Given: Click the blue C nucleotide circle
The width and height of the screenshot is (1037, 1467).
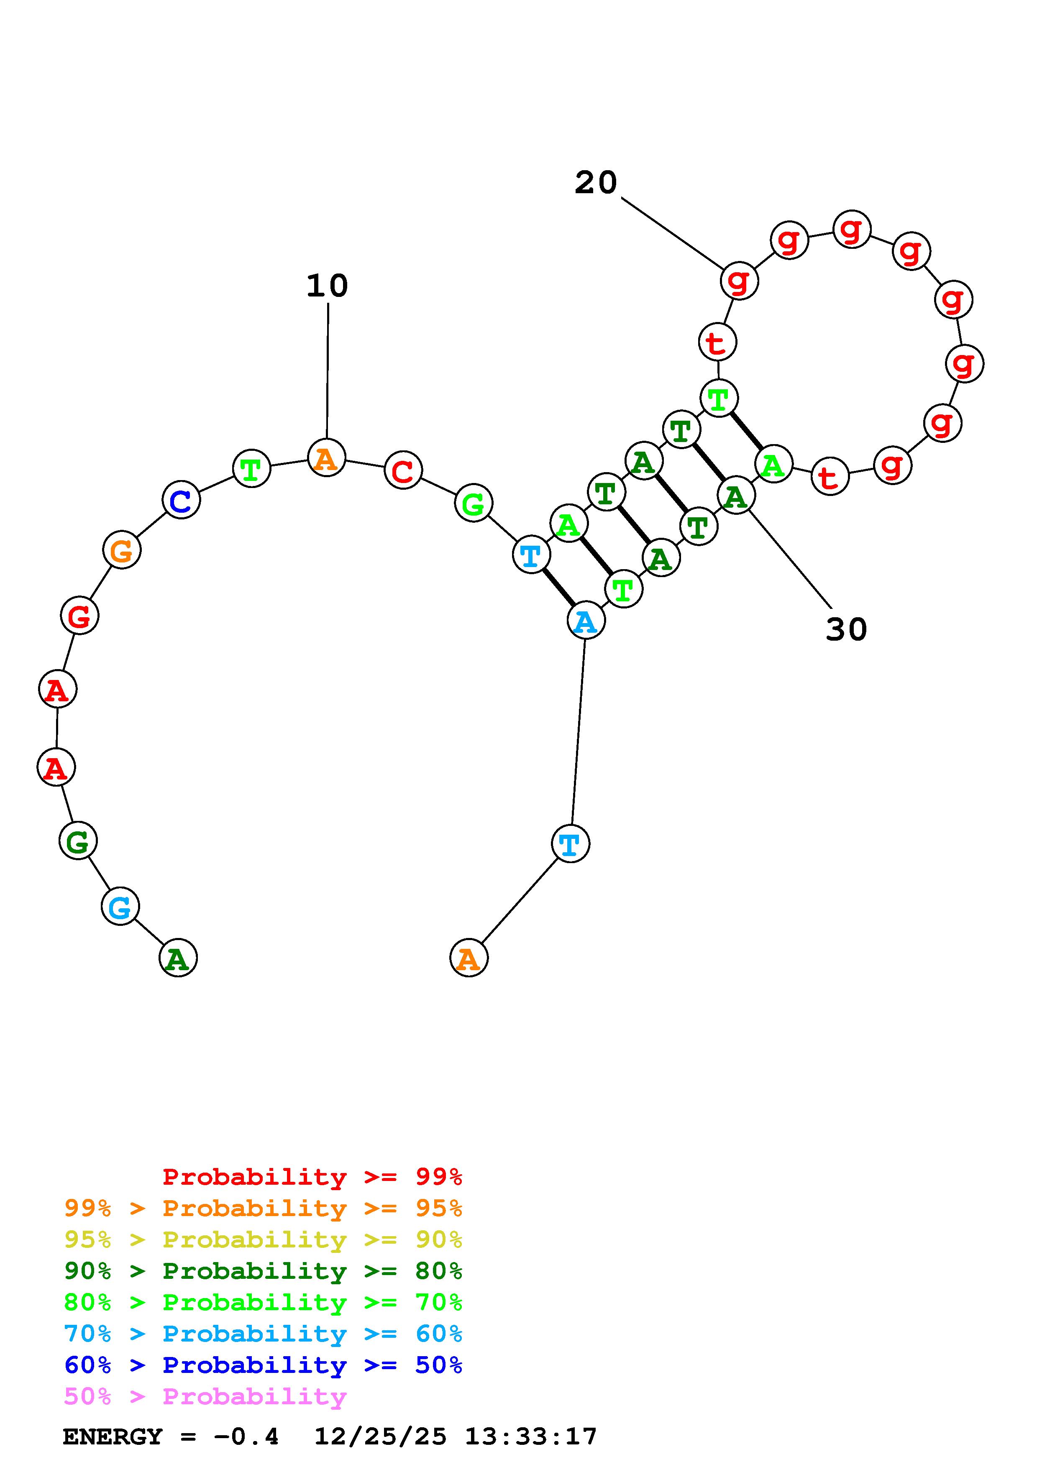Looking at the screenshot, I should [182, 500].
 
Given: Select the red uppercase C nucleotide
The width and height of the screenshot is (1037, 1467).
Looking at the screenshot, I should [403, 470].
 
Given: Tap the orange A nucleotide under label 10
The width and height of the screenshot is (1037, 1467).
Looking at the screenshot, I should [327, 457].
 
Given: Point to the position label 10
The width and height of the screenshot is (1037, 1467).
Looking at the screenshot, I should [327, 286].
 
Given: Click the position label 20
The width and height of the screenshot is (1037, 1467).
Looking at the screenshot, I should [596, 183].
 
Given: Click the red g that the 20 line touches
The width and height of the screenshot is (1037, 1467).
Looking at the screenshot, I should [739, 280].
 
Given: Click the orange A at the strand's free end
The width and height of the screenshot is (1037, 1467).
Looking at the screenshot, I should [469, 958].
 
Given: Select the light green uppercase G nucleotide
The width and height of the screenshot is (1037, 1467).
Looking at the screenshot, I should [474, 503].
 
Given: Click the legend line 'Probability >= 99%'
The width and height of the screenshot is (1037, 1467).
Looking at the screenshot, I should [312, 1177].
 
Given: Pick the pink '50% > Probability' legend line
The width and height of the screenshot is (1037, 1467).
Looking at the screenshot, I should [205, 1397].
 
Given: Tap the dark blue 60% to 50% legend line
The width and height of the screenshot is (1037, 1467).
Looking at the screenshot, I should [263, 1365].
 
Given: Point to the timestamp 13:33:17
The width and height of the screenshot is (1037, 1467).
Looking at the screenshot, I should [530, 1437].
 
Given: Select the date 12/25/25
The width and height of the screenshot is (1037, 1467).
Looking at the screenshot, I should [380, 1437].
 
